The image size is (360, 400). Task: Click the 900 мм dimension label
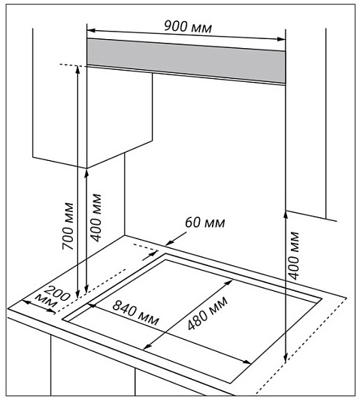pos(188,26)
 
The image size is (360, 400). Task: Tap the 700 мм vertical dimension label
pos(68,226)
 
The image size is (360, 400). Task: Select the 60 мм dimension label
pos(205,223)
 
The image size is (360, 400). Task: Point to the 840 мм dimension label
pos(135,313)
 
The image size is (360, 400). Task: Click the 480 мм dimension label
pos(207,313)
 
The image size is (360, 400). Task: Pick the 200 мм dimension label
pos(53,297)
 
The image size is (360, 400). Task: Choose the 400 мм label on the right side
pos(293,256)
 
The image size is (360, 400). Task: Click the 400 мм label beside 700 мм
pos(96,217)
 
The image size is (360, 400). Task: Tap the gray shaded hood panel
pos(186,61)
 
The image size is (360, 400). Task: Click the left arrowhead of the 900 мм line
pos(91,31)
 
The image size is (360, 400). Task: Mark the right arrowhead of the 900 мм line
pos(281,39)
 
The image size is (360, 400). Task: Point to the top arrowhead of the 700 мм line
pos(77,70)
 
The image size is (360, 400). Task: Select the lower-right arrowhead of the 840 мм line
pos(247,362)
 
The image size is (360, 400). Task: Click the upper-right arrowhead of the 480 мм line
pos(229,283)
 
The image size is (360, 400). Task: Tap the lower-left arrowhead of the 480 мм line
pos(147,347)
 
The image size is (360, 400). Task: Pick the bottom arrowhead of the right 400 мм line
pos(286,357)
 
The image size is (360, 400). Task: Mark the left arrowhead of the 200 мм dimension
pos(26,302)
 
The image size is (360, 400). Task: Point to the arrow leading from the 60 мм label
pos(176,239)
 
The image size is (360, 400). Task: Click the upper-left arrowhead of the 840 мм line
pos(92,305)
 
